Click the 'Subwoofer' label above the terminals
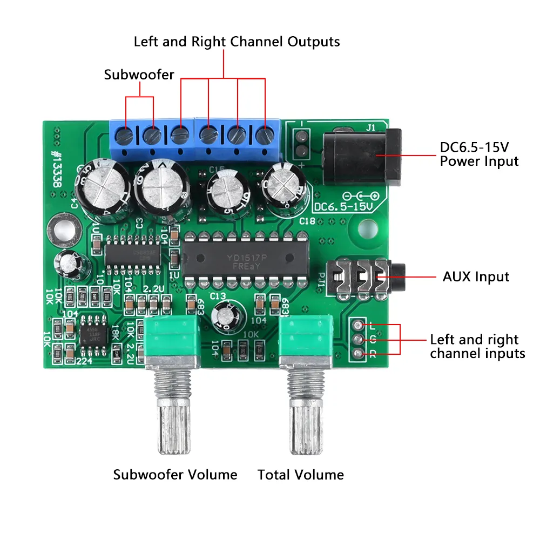click(x=139, y=75)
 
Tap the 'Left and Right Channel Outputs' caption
click(x=237, y=42)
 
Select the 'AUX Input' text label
click(x=476, y=277)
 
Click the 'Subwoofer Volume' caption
click(x=175, y=475)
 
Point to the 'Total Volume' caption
click(x=300, y=475)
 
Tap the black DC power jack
click(x=362, y=157)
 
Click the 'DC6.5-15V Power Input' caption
click(x=478, y=154)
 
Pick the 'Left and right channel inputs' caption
click(x=477, y=347)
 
